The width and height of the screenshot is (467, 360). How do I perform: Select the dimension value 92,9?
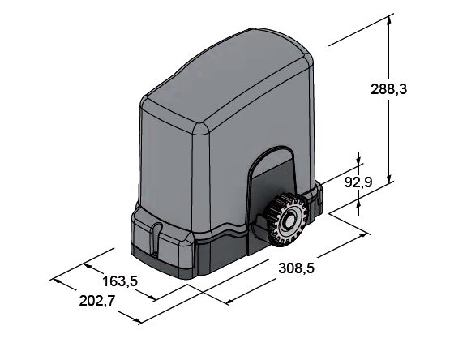[x=358, y=183]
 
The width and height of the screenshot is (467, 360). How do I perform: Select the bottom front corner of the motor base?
[x=193, y=278]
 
